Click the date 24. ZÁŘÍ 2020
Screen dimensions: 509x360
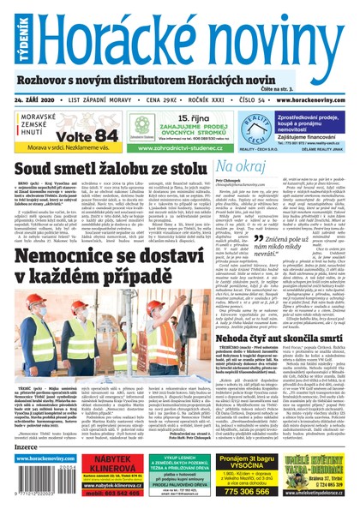[45, 99]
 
